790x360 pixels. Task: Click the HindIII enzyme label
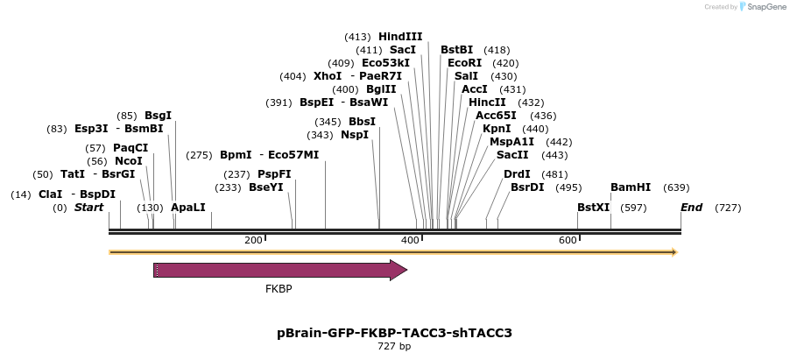(400, 37)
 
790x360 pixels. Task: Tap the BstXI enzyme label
(593, 208)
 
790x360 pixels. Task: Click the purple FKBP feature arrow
(280, 270)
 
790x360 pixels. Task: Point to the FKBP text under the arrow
(279, 288)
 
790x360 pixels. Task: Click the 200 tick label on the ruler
(253, 240)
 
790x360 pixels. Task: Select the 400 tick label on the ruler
(409, 240)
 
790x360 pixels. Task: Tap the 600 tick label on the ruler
(567, 240)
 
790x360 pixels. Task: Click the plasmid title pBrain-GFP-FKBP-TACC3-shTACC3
(394, 333)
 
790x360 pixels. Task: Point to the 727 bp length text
(394, 347)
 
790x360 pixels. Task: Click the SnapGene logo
(762, 7)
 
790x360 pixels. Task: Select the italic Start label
(88, 208)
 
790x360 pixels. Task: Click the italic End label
(691, 208)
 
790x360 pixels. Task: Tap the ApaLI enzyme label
(188, 208)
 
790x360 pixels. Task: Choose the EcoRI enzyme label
(464, 63)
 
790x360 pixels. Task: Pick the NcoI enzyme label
(128, 161)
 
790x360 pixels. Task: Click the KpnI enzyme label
(497, 129)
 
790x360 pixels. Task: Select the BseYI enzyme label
(266, 187)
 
